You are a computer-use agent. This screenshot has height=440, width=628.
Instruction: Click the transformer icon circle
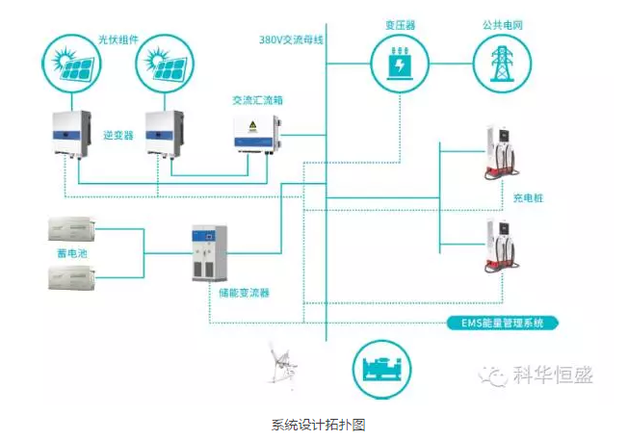point(399,63)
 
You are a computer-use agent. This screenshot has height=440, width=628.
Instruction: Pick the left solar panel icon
point(71,63)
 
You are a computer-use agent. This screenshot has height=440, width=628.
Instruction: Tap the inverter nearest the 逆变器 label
point(73,132)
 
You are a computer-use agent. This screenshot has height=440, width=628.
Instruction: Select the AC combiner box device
point(254,134)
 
